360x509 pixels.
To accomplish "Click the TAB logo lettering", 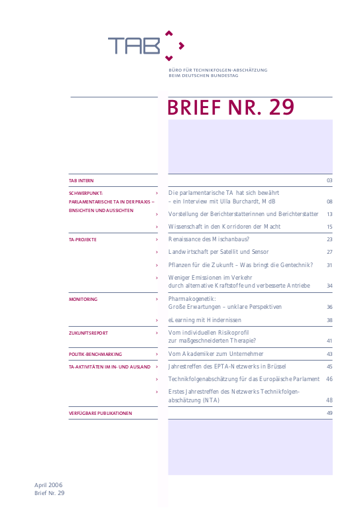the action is pyautogui.click(x=135, y=45).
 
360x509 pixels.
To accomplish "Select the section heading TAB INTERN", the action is pyautogui.click(x=82, y=180).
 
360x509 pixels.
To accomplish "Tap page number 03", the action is pyautogui.click(x=329, y=180).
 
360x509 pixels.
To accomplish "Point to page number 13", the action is pyautogui.click(x=329, y=214).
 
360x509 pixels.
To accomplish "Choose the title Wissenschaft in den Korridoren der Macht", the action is pyautogui.click(x=224, y=227).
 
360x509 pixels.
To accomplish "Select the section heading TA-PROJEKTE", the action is pyautogui.click(x=83, y=239).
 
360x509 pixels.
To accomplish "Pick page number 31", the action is pyautogui.click(x=329, y=265).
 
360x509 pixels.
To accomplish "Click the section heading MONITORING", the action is pyautogui.click(x=83, y=300).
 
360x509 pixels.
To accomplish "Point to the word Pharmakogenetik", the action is pyautogui.click(x=192, y=299).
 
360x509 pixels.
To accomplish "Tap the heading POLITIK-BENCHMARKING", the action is pyautogui.click(x=95, y=354).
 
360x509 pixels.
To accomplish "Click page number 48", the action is pyautogui.click(x=329, y=400).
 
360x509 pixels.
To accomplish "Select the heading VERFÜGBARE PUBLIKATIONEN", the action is pyautogui.click(x=100, y=413).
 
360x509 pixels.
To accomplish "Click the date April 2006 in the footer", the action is pyautogui.click(x=50, y=485).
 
